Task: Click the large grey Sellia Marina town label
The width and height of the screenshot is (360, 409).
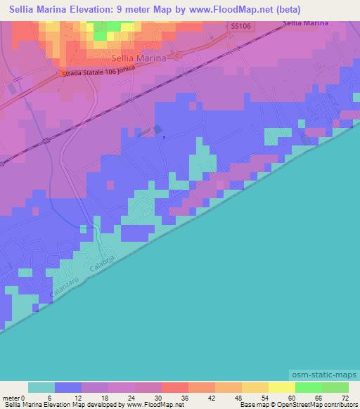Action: coord(139,59)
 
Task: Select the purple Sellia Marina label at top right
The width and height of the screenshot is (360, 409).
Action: coord(307,23)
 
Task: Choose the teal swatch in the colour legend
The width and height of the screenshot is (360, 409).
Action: coord(41,387)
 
